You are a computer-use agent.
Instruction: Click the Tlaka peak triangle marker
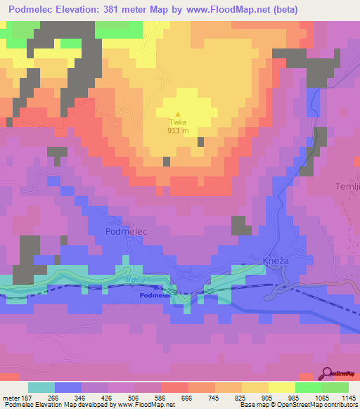[x=177, y=115]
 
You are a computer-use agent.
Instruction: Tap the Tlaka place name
[x=177, y=122]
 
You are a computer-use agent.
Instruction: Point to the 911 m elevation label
[x=177, y=131]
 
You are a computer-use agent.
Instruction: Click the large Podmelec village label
[x=127, y=231]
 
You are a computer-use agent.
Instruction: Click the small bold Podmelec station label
[x=156, y=297]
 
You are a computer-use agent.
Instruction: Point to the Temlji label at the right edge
[x=347, y=186]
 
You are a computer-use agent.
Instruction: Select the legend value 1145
[x=348, y=397]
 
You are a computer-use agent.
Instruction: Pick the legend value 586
[x=162, y=397]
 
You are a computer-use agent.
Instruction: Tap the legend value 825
[x=241, y=397]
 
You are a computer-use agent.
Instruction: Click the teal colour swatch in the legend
[x=41, y=387]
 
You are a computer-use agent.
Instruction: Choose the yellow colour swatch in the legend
[x=281, y=387]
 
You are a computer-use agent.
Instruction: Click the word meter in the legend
[x=11, y=397]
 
